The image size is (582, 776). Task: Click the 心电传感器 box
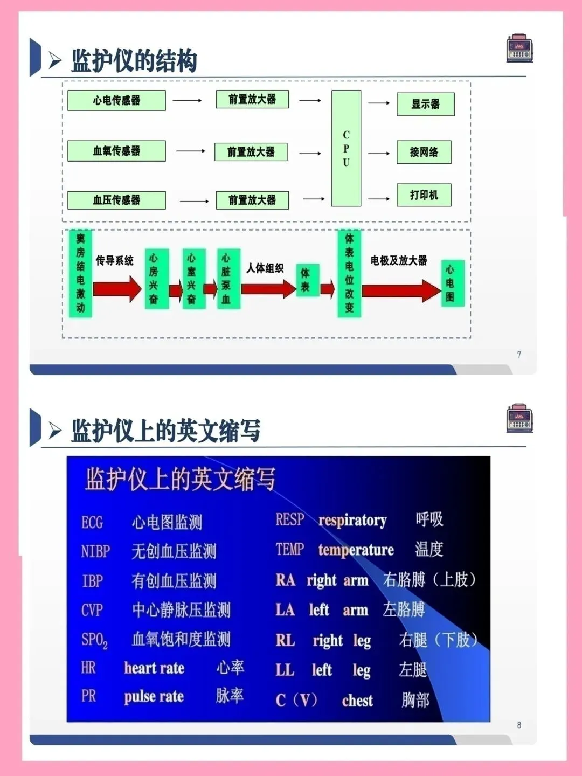(116, 100)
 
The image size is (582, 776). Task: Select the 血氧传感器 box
(116, 151)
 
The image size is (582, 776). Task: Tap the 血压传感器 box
(116, 200)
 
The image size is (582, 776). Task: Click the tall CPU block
(346, 148)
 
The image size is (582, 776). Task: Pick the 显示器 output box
(425, 104)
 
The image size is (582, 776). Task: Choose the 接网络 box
(424, 152)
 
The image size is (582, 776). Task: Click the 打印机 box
(424, 195)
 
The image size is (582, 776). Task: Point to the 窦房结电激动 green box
(80, 273)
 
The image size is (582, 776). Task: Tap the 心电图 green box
(450, 283)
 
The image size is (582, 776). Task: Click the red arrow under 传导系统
(117, 289)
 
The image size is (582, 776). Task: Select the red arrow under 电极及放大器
(401, 291)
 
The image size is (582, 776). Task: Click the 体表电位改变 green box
(349, 273)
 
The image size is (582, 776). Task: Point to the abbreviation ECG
(92, 522)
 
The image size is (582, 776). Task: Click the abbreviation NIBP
(95, 551)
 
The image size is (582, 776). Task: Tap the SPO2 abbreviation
(94, 640)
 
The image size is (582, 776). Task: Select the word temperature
(356, 550)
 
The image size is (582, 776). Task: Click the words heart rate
(154, 668)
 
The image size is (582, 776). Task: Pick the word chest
(357, 701)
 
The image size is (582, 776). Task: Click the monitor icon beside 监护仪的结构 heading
(519, 48)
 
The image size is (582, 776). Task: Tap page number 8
(519, 725)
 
